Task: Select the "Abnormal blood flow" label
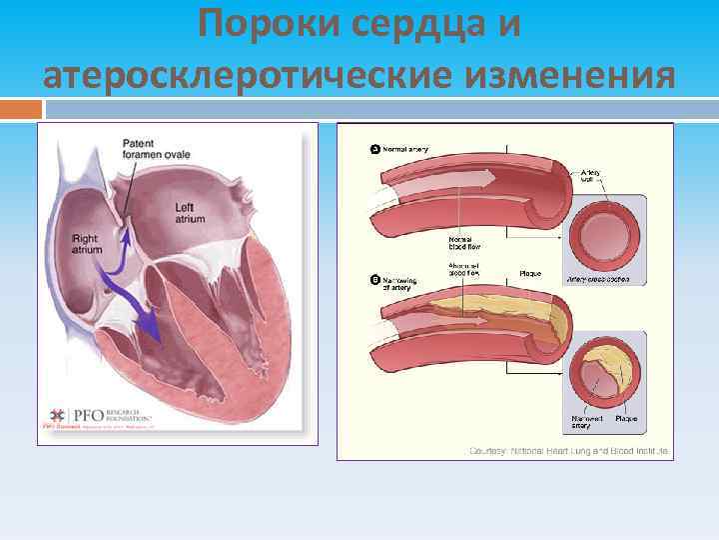(465, 269)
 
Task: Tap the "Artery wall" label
(591, 177)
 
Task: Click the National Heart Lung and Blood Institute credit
(569, 451)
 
